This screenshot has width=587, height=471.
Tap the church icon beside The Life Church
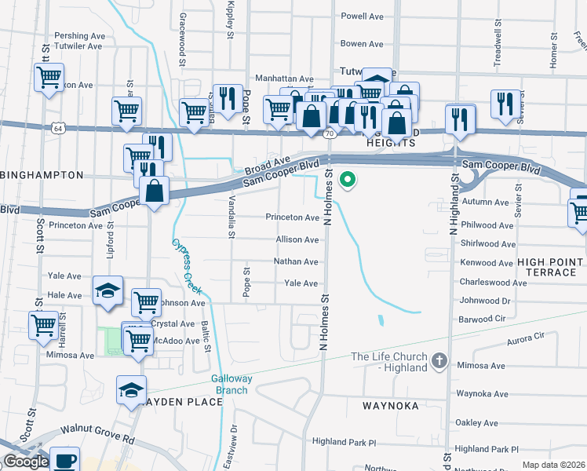point(439,362)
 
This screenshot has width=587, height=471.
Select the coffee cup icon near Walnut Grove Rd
point(64,460)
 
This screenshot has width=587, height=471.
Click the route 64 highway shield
point(57,126)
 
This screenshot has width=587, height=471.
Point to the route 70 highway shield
point(330,133)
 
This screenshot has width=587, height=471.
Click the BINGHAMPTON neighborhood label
point(42,174)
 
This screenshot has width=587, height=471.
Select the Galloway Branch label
point(232,384)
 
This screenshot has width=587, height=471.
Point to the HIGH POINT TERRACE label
point(550,267)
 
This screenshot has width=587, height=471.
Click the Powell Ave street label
point(362,16)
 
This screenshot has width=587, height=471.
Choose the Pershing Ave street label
point(79,36)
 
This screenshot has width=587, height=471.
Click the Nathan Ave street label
point(296,261)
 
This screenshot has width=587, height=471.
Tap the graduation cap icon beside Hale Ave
point(108,290)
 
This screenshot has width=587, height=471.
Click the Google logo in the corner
point(26,462)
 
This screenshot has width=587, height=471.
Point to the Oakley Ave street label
point(478,423)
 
